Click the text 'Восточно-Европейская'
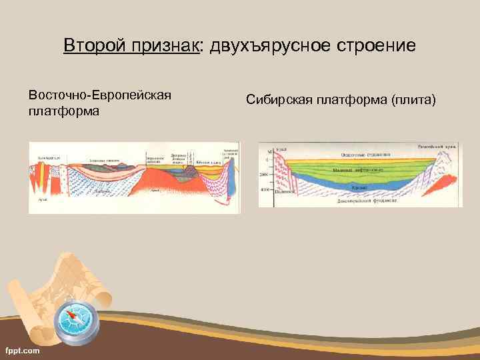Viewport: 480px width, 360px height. pos(100,95)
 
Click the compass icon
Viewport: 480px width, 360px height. pos(75,323)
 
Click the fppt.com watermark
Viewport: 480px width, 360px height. pos(23,350)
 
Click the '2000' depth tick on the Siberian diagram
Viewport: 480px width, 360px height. pos(264,174)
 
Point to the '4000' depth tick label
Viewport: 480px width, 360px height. pos(264,189)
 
